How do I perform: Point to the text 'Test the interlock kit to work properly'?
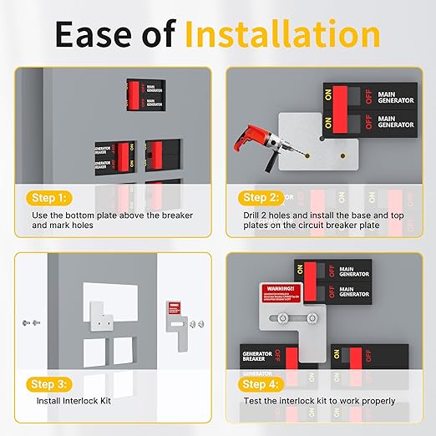point(319,401)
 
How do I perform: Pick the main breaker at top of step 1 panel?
point(145,94)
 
